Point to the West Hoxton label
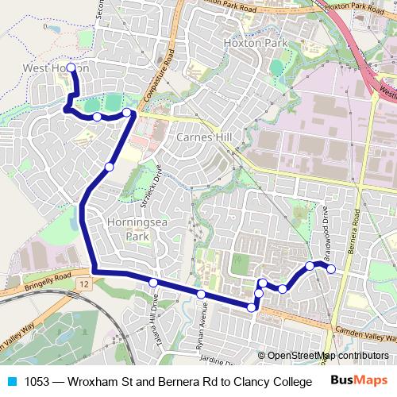[56, 68]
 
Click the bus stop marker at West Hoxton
[71, 67]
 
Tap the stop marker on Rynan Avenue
[201, 295]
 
